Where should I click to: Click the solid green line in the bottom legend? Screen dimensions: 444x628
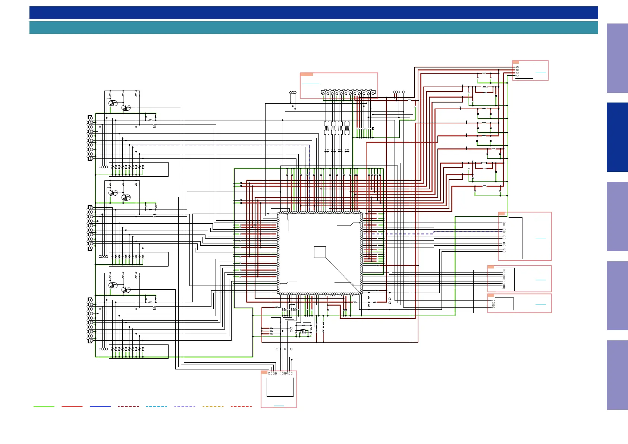tap(44, 407)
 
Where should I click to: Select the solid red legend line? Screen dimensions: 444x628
tap(72, 407)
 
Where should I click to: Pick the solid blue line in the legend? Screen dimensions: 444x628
tap(100, 407)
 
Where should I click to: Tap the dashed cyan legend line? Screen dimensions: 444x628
tap(156, 407)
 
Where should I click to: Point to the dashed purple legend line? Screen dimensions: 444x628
tap(185, 407)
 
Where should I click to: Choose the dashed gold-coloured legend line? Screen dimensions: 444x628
tap(213, 407)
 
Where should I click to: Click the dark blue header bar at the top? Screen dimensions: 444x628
tap(313, 13)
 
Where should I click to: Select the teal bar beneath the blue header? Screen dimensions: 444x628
tap(313, 28)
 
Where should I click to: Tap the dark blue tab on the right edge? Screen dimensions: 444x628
tap(617, 137)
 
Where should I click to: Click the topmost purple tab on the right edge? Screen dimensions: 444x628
tap(617, 58)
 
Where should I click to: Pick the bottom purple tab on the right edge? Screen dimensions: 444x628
tap(617, 375)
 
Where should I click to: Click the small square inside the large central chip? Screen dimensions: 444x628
tap(320, 252)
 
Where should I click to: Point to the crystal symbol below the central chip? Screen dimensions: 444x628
tap(303, 331)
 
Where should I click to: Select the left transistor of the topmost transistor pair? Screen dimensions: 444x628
tap(112, 103)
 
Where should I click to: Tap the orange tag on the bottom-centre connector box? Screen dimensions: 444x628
tap(264, 372)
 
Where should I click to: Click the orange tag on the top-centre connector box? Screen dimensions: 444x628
tap(307, 75)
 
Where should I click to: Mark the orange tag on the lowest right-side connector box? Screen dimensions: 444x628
tap(491, 296)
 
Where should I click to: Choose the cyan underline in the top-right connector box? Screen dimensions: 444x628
tap(540, 73)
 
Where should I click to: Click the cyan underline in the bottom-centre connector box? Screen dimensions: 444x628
tap(279, 406)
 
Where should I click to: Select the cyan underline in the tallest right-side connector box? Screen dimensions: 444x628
tap(540, 238)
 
